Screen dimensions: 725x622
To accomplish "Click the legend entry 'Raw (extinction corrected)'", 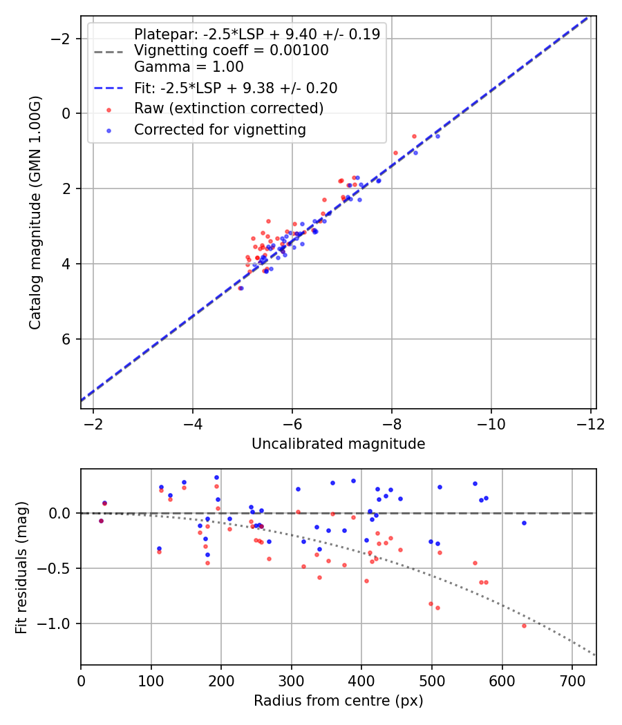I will coord(229,108).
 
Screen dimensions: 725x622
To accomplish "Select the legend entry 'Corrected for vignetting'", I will coord(220,129).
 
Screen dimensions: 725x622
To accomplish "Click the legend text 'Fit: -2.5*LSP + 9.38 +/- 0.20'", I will coord(236,88).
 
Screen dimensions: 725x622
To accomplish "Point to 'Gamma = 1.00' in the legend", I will coord(189,67).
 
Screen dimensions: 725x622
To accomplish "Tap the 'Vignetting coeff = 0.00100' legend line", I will coord(231,50).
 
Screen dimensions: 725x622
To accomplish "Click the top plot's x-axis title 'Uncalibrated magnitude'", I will coord(338,444).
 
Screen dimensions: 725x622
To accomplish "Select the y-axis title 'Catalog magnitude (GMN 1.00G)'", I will coord(35,213).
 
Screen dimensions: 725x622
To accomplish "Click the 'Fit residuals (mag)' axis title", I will coord(21,567).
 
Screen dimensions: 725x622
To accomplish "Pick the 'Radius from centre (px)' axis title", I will coord(338,701).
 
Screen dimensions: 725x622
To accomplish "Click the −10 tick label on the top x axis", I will coord(491,423).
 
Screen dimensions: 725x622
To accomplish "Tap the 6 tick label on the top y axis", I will coord(66,339).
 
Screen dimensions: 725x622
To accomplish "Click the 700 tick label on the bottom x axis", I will coord(572,680).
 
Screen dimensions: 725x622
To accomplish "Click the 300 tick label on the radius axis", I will coord(291,680).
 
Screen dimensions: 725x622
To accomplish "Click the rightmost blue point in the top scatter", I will coord(437,136).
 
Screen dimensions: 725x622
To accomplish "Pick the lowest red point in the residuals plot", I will coord(524,626).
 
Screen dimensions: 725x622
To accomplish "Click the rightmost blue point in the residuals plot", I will coord(524,523).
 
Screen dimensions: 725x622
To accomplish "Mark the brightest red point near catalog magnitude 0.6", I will coord(414,136).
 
